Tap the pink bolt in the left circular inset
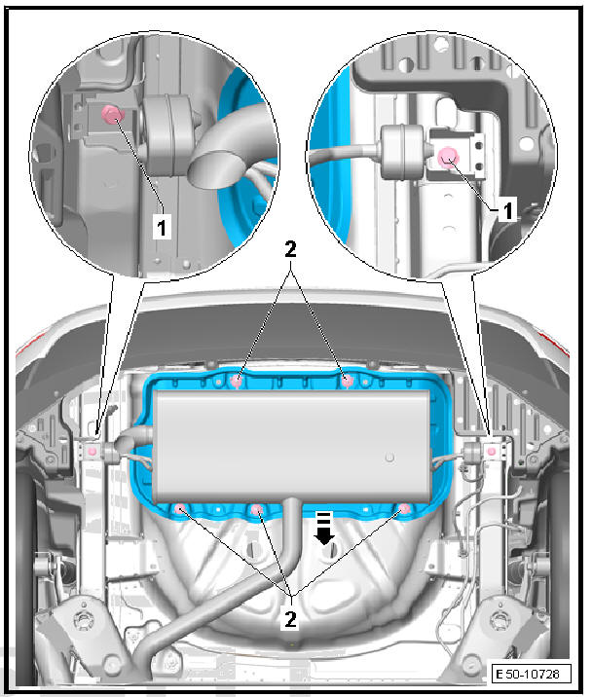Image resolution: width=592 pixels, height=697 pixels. point(112,116)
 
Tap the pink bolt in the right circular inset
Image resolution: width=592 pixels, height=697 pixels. point(448,156)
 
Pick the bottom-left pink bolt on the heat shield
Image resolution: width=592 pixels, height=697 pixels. point(182,507)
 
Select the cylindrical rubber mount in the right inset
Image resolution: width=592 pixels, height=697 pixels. point(398,151)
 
